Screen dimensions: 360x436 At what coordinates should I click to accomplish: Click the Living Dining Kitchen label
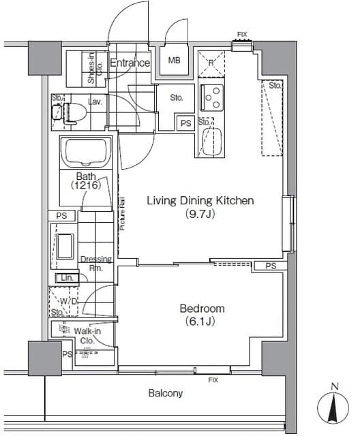(200, 200)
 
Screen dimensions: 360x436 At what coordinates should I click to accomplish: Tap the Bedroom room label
(202, 309)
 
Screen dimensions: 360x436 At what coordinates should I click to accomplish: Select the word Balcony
(166, 393)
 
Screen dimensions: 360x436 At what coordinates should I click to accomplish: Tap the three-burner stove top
(212, 97)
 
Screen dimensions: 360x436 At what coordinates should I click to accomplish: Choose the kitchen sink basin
(212, 142)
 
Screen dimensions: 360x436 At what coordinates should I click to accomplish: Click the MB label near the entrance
(174, 60)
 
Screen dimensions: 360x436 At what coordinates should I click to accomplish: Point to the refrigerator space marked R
(211, 63)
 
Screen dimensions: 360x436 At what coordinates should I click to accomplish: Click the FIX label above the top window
(242, 35)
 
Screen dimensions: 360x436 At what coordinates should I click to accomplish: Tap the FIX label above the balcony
(213, 380)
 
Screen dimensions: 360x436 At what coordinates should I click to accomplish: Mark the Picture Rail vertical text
(123, 213)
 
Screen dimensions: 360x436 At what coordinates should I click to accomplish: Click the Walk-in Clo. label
(87, 336)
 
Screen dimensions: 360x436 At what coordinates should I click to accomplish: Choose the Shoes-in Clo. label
(95, 68)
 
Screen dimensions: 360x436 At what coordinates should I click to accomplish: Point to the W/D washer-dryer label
(68, 301)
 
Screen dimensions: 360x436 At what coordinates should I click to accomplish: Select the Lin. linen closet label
(67, 278)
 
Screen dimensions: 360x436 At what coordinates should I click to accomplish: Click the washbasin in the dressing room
(65, 247)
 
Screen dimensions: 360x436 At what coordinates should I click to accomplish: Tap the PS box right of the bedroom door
(271, 266)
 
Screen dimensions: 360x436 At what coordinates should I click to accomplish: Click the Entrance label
(130, 63)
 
